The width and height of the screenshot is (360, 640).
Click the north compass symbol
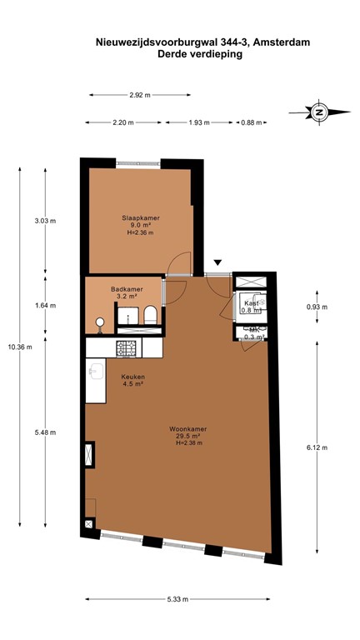(x=319, y=111)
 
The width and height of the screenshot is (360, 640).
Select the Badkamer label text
(x=127, y=289)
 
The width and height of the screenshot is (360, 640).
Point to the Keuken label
(x=133, y=377)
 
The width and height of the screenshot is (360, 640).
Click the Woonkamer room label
(x=187, y=429)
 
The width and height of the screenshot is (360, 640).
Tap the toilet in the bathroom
(x=150, y=315)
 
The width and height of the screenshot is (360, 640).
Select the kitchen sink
(x=97, y=372)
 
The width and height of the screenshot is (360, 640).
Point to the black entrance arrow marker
(x=218, y=262)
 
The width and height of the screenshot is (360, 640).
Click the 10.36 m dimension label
(x=20, y=347)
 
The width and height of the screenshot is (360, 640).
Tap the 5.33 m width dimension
(x=177, y=599)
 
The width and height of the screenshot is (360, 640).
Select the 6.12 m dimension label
(x=317, y=447)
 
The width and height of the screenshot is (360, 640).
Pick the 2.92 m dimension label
(x=140, y=95)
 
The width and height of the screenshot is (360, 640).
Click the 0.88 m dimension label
(x=252, y=122)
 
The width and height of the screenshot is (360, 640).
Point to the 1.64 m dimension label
(x=45, y=305)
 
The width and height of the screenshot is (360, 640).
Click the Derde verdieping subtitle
(x=200, y=54)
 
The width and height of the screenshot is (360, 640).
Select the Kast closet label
(x=251, y=303)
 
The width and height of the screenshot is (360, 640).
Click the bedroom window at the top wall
(x=138, y=163)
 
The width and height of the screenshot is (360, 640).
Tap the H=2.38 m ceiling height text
(x=188, y=442)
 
